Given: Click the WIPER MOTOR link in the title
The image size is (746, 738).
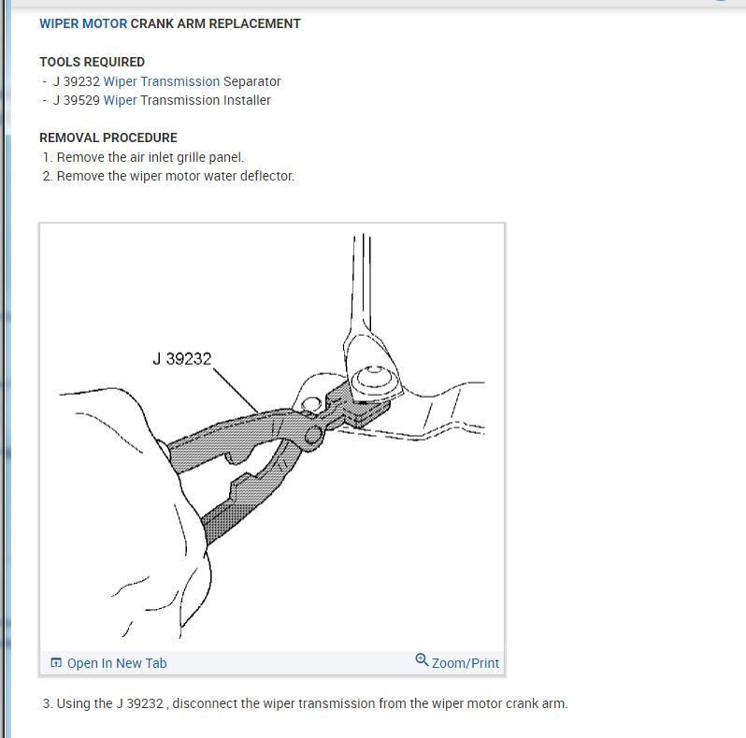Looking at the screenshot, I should point(83,23).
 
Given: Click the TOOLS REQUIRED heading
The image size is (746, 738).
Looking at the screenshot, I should point(92,62).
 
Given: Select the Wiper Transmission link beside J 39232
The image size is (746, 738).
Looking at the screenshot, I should point(161,81).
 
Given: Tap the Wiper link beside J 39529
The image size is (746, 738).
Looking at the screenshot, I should point(120,100).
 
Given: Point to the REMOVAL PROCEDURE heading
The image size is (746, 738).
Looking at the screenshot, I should point(108,137).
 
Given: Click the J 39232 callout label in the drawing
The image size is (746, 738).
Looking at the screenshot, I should point(181,358).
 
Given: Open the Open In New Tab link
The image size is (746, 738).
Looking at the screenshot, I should point(117,663).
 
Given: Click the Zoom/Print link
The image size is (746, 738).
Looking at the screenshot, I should point(465,663).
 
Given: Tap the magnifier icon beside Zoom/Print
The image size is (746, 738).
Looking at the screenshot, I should point(422,660).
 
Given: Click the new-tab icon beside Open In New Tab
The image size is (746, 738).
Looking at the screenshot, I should point(56,663).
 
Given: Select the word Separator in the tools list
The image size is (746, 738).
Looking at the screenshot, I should point(251,81).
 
